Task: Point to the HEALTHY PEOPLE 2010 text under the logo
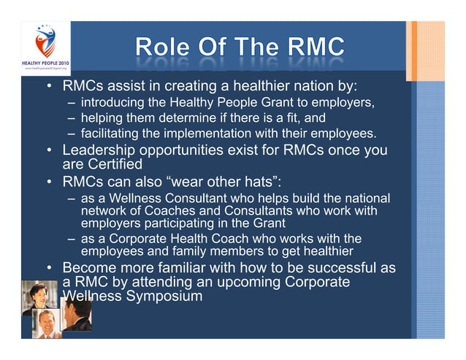[x=45, y=64]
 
